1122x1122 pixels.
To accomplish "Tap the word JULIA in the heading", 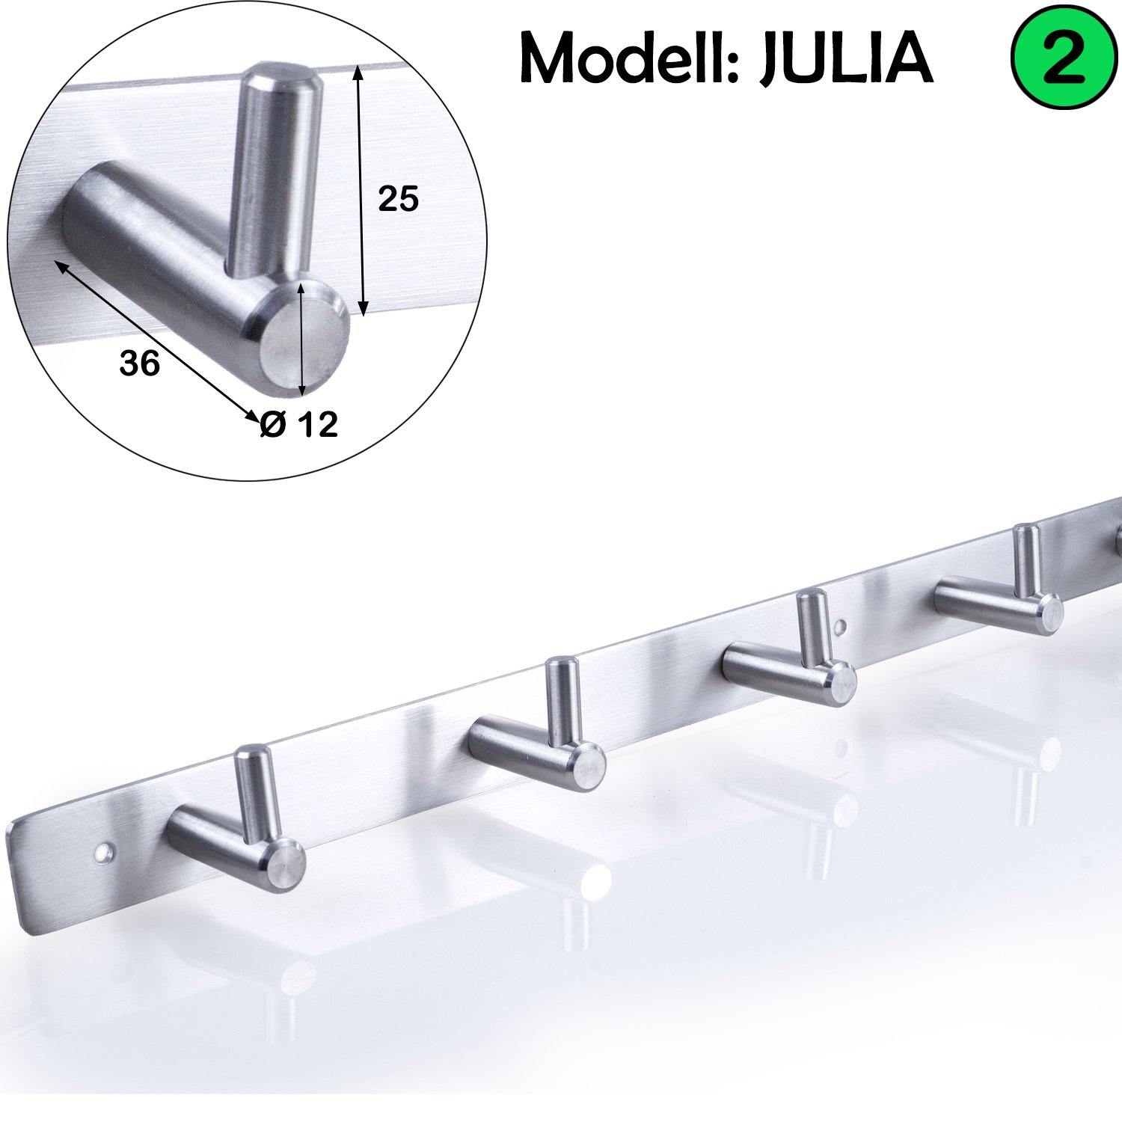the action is pos(847,58).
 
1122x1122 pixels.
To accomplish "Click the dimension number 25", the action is pos(398,199).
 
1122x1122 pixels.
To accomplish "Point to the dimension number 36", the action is pos(140,364).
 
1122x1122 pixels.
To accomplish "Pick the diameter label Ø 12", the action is pos(299,425).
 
